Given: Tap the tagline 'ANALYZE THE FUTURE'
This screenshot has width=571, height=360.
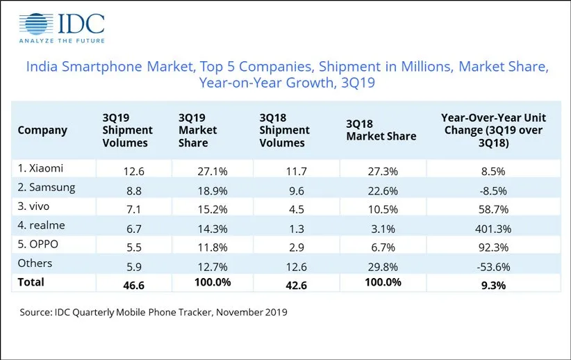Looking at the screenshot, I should [62, 42].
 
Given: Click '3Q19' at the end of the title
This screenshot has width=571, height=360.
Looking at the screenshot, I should [360, 83].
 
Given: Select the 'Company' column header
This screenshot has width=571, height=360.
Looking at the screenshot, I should [42, 130].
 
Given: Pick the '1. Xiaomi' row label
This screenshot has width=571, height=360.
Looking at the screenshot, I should [41, 167].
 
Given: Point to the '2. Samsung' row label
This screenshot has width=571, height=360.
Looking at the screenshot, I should [47, 186].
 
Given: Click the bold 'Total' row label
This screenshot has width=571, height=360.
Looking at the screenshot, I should [31, 281].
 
